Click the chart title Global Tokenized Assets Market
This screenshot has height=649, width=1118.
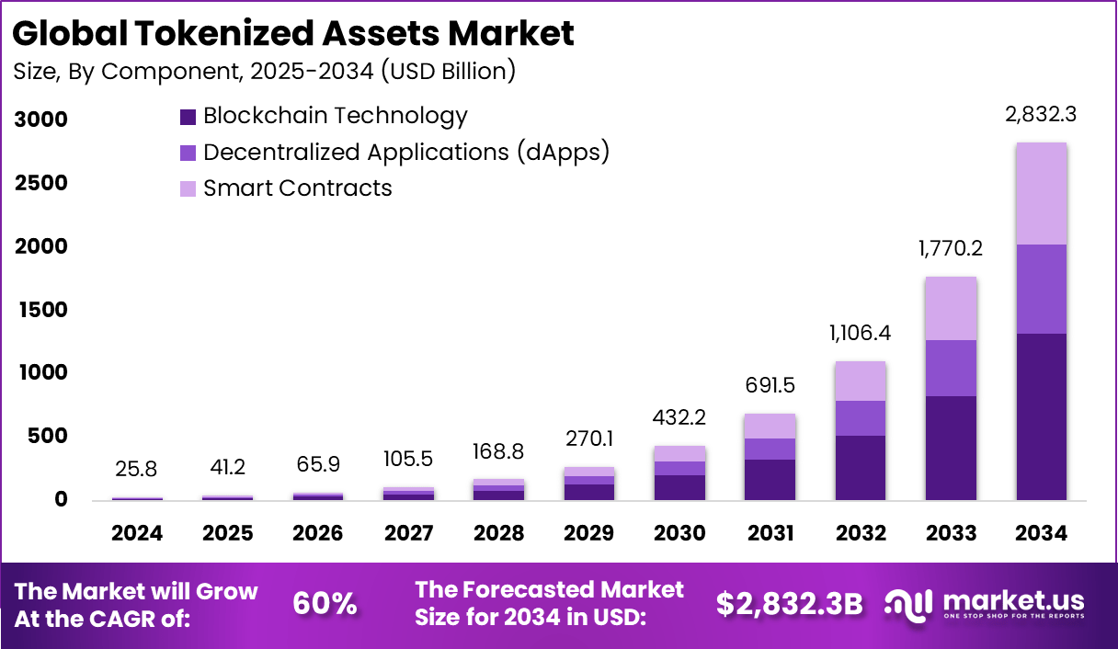(293, 33)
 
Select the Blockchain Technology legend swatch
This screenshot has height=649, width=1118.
(188, 117)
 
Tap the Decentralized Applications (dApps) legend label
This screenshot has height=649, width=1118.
(406, 152)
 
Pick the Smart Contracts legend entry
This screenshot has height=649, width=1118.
(297, 188)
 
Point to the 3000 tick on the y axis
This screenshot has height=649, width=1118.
(40, 120)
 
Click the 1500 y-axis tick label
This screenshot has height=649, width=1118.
(40, 310)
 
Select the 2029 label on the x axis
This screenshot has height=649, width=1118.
(589, 533)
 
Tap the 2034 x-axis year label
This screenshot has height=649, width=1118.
(1042, 533)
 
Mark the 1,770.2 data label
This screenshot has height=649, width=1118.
(951, 249)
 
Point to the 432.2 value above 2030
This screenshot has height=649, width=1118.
(679, 418)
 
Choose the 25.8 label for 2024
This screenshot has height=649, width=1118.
(137, 470)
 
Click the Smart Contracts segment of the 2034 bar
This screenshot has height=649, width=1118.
(1042, 193)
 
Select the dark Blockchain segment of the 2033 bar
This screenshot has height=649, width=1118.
(951, 448)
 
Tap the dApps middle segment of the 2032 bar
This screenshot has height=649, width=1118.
(861, 418)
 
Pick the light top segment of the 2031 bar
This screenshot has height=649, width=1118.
(770, 426)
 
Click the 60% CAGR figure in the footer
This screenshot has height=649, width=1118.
(325, 604)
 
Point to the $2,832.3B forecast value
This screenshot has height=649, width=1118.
(789, 604)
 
